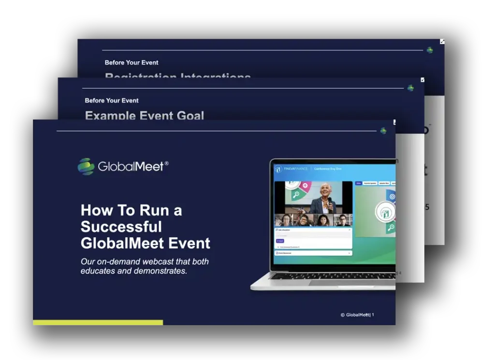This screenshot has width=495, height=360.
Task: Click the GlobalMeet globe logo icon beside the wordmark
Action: [86, 166]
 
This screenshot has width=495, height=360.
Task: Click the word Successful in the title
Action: [121, 227]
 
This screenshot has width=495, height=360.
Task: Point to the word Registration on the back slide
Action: [140, 77]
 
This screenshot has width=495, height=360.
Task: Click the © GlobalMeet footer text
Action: [355, 315]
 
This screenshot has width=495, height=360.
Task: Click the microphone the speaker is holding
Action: [330, 201]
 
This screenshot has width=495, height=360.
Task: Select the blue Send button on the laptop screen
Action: [280, 241]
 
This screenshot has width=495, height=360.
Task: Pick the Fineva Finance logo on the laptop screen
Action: [278, 169]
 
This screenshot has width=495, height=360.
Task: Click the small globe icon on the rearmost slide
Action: [430, 50]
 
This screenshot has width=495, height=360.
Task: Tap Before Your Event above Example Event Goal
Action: [112, 101]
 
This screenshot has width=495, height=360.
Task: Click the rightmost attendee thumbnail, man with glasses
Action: [343, 220]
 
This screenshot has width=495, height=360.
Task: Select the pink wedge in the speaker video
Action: [306, 185]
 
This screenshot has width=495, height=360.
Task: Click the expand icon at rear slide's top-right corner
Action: [442, 42]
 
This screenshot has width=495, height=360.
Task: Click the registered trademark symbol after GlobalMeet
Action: [167, 163]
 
